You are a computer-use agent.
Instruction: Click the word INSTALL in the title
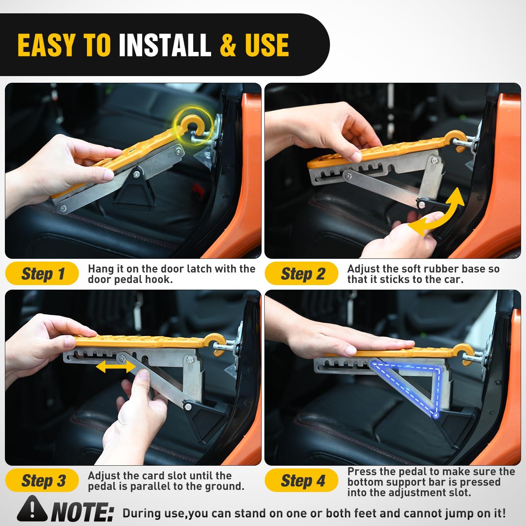click(165, 45)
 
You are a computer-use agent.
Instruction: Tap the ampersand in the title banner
click(228, 45)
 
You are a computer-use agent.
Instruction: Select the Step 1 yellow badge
click(42, 274)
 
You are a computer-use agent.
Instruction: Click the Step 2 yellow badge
click(302, 274)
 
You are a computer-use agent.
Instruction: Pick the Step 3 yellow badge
click(42, 480)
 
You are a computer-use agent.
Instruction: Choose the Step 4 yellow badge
click(302, 480)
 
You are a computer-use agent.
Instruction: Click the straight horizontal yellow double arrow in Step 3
click(116, 367)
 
